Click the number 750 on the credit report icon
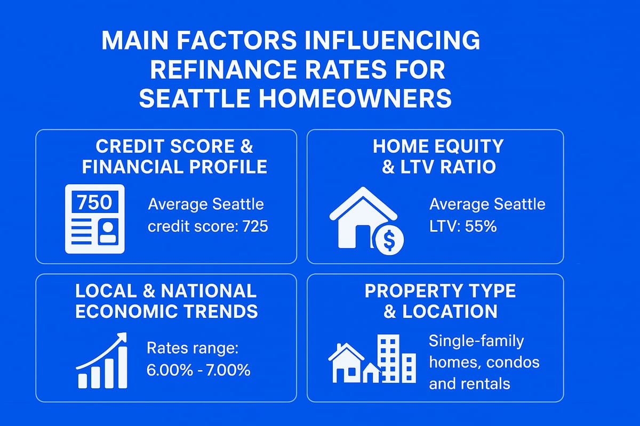tap(94, 202)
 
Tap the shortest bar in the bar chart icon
tap(83, 379)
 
